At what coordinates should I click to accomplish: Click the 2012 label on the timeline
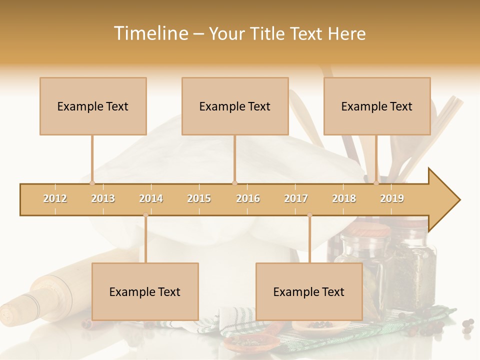55,198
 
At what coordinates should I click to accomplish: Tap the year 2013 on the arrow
103,198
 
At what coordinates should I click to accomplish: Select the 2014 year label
151,198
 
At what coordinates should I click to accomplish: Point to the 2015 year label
199,198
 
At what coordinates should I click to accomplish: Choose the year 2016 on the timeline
248,198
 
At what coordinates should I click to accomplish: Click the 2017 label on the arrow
296,198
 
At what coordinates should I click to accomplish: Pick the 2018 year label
344,198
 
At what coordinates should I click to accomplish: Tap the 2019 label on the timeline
392,198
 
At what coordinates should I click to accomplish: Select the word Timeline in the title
150,33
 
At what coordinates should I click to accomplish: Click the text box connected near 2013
93,106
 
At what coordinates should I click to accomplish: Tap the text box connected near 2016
235,106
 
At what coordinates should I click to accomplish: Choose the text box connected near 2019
377,106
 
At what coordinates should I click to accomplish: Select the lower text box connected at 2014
145,291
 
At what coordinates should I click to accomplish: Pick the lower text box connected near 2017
309,291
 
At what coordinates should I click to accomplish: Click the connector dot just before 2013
92,183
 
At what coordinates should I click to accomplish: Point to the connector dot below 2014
145,215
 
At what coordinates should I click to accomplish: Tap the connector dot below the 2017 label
309,215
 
